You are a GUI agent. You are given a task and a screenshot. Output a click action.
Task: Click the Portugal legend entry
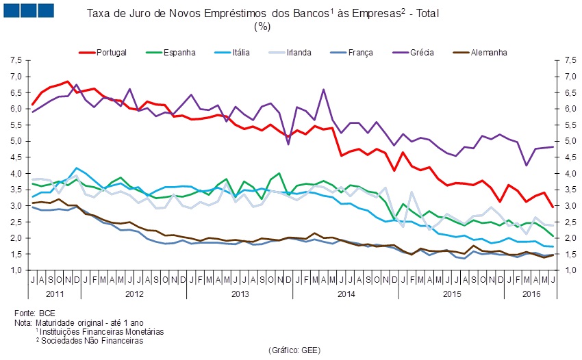coord(110,52)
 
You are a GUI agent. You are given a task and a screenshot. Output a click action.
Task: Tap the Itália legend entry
coord(245,52)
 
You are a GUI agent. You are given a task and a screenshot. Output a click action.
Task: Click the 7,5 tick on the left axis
coord(16,60)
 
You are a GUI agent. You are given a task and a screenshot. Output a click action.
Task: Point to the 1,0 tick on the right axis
coord(566,270)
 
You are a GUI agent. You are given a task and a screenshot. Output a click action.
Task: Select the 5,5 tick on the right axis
coord(566,125)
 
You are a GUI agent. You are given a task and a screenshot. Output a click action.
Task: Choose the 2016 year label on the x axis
coord(531,294)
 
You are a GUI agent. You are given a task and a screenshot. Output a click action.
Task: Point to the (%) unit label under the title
coord(262,26)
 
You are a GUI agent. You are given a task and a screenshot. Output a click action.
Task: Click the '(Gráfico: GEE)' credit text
coord(294,350)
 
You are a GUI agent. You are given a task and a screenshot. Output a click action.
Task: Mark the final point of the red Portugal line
coord(554,207)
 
